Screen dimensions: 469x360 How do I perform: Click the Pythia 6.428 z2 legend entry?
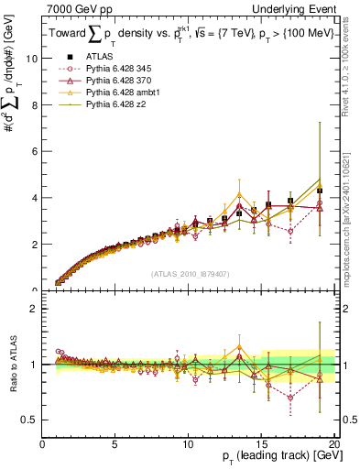click(109, 106)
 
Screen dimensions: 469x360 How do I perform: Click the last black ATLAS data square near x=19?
click(319, 191)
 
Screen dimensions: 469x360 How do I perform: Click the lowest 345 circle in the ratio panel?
click(290, 398)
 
